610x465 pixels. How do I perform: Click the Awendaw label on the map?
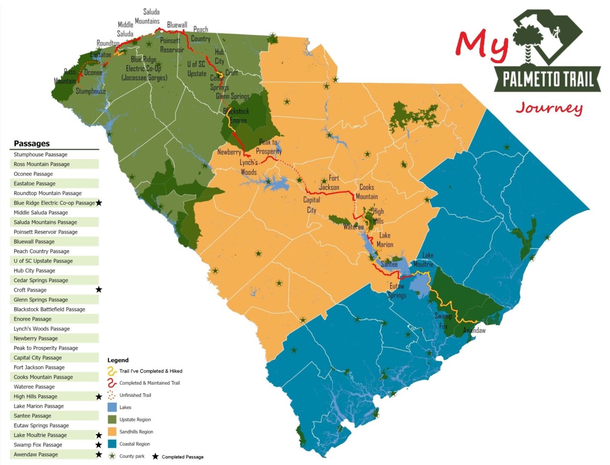point(474,330)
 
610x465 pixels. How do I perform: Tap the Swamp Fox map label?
point(443,321)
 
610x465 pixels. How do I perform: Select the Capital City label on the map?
point(312,205)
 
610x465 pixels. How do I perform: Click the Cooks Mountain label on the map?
point(366,192)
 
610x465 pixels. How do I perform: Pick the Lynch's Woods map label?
point(249,168)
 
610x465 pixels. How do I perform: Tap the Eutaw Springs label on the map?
point(397,291)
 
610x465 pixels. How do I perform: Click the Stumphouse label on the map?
point(91,91)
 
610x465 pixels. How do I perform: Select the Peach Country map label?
point(201,34)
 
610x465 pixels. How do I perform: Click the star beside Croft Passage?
point(99,290)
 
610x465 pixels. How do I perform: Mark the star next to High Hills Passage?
point(99,396)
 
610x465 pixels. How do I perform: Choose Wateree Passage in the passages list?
point(34,387)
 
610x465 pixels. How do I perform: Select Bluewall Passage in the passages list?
point(34,242)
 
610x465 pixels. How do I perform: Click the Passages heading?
point(31,143)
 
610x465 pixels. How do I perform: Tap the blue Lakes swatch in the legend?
point(112,407)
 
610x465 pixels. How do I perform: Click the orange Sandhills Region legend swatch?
point(112,432)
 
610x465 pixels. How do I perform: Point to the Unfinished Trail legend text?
point(135,395)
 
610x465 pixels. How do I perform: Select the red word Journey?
point(549,108)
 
